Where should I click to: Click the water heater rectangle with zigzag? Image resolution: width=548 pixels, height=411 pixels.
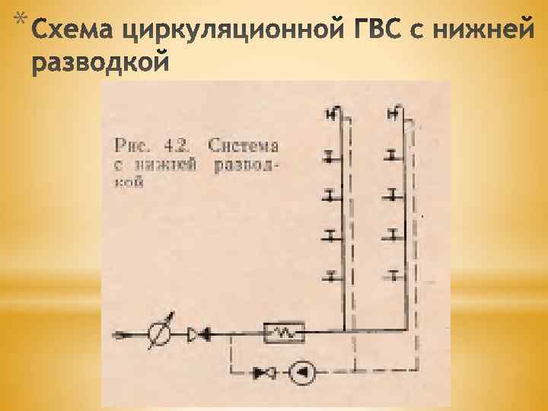[x=283, y=333]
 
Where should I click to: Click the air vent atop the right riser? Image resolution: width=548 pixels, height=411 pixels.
[x=394, y=116]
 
